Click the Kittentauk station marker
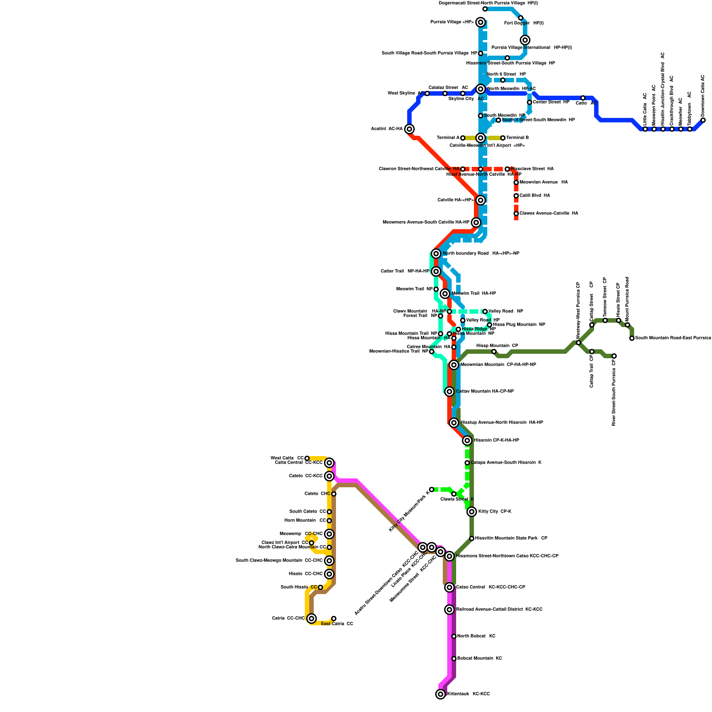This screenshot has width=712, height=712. tap(441, 694)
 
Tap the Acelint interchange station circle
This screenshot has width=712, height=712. tap(409, 129)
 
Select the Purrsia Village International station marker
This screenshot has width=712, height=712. tap(525, 40)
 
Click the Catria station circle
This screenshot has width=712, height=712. tap(311, 618)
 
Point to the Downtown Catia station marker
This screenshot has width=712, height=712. tap(703, 120)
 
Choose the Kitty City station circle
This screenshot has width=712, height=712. tap(472, 512)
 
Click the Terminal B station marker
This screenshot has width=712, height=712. tap(503, 138)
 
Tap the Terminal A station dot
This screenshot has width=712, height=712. tap(463, 138)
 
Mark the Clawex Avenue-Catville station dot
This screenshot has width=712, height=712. tap(516, 214)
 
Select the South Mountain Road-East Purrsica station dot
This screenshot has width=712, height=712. tap(632, 338)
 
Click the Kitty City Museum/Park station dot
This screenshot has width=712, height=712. tap(432, 489)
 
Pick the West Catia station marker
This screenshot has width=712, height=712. tap(307, 458)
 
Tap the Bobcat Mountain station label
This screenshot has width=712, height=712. tap(479, 658)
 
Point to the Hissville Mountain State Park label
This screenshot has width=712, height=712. tap(511, 538)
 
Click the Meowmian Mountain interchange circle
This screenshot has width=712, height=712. tap(454, 365)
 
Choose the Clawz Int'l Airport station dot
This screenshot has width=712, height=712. tap(311, 543)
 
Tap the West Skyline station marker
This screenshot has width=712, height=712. tap(427, 93)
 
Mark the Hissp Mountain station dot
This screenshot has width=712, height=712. tap(494, 352)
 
